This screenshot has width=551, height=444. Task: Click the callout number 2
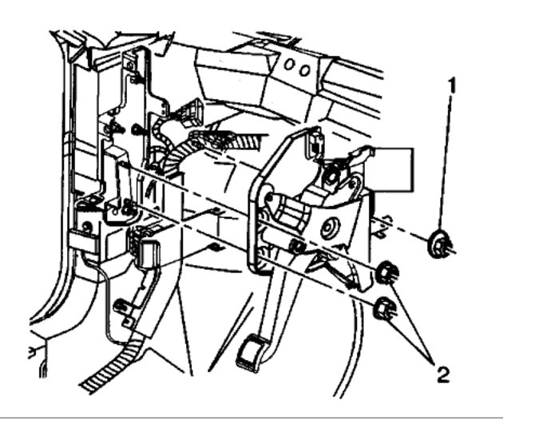[x=442, y=372]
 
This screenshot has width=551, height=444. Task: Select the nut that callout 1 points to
[x=438, y=244]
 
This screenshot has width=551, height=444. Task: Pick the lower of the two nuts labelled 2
[x=384, y=307]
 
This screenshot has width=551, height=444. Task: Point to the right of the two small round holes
[x=305, y=69]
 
